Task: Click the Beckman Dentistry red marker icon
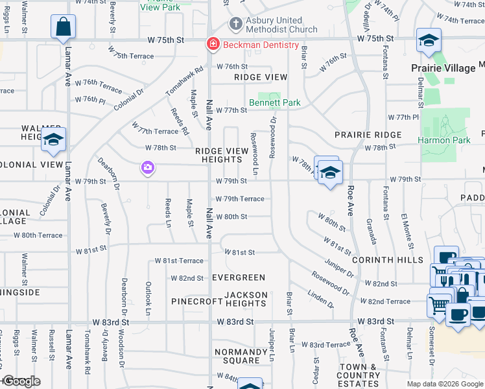tap(212, 45)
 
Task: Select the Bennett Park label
tap(275, 102)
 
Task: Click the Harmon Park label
tap(444, 139)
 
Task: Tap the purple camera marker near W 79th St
tap(148, 168)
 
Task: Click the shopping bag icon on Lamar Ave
tap(64, 27)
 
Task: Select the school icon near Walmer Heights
tap(53, 139)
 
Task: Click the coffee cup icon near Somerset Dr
tap(458, 314)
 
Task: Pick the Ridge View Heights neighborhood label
tap(222, 155)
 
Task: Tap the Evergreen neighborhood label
tap(239, 277)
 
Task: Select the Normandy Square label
tap(241, 356)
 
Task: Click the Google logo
tap(21, 381)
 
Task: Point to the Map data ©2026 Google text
tap(444, 384)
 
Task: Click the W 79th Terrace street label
tap(240, 199)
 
